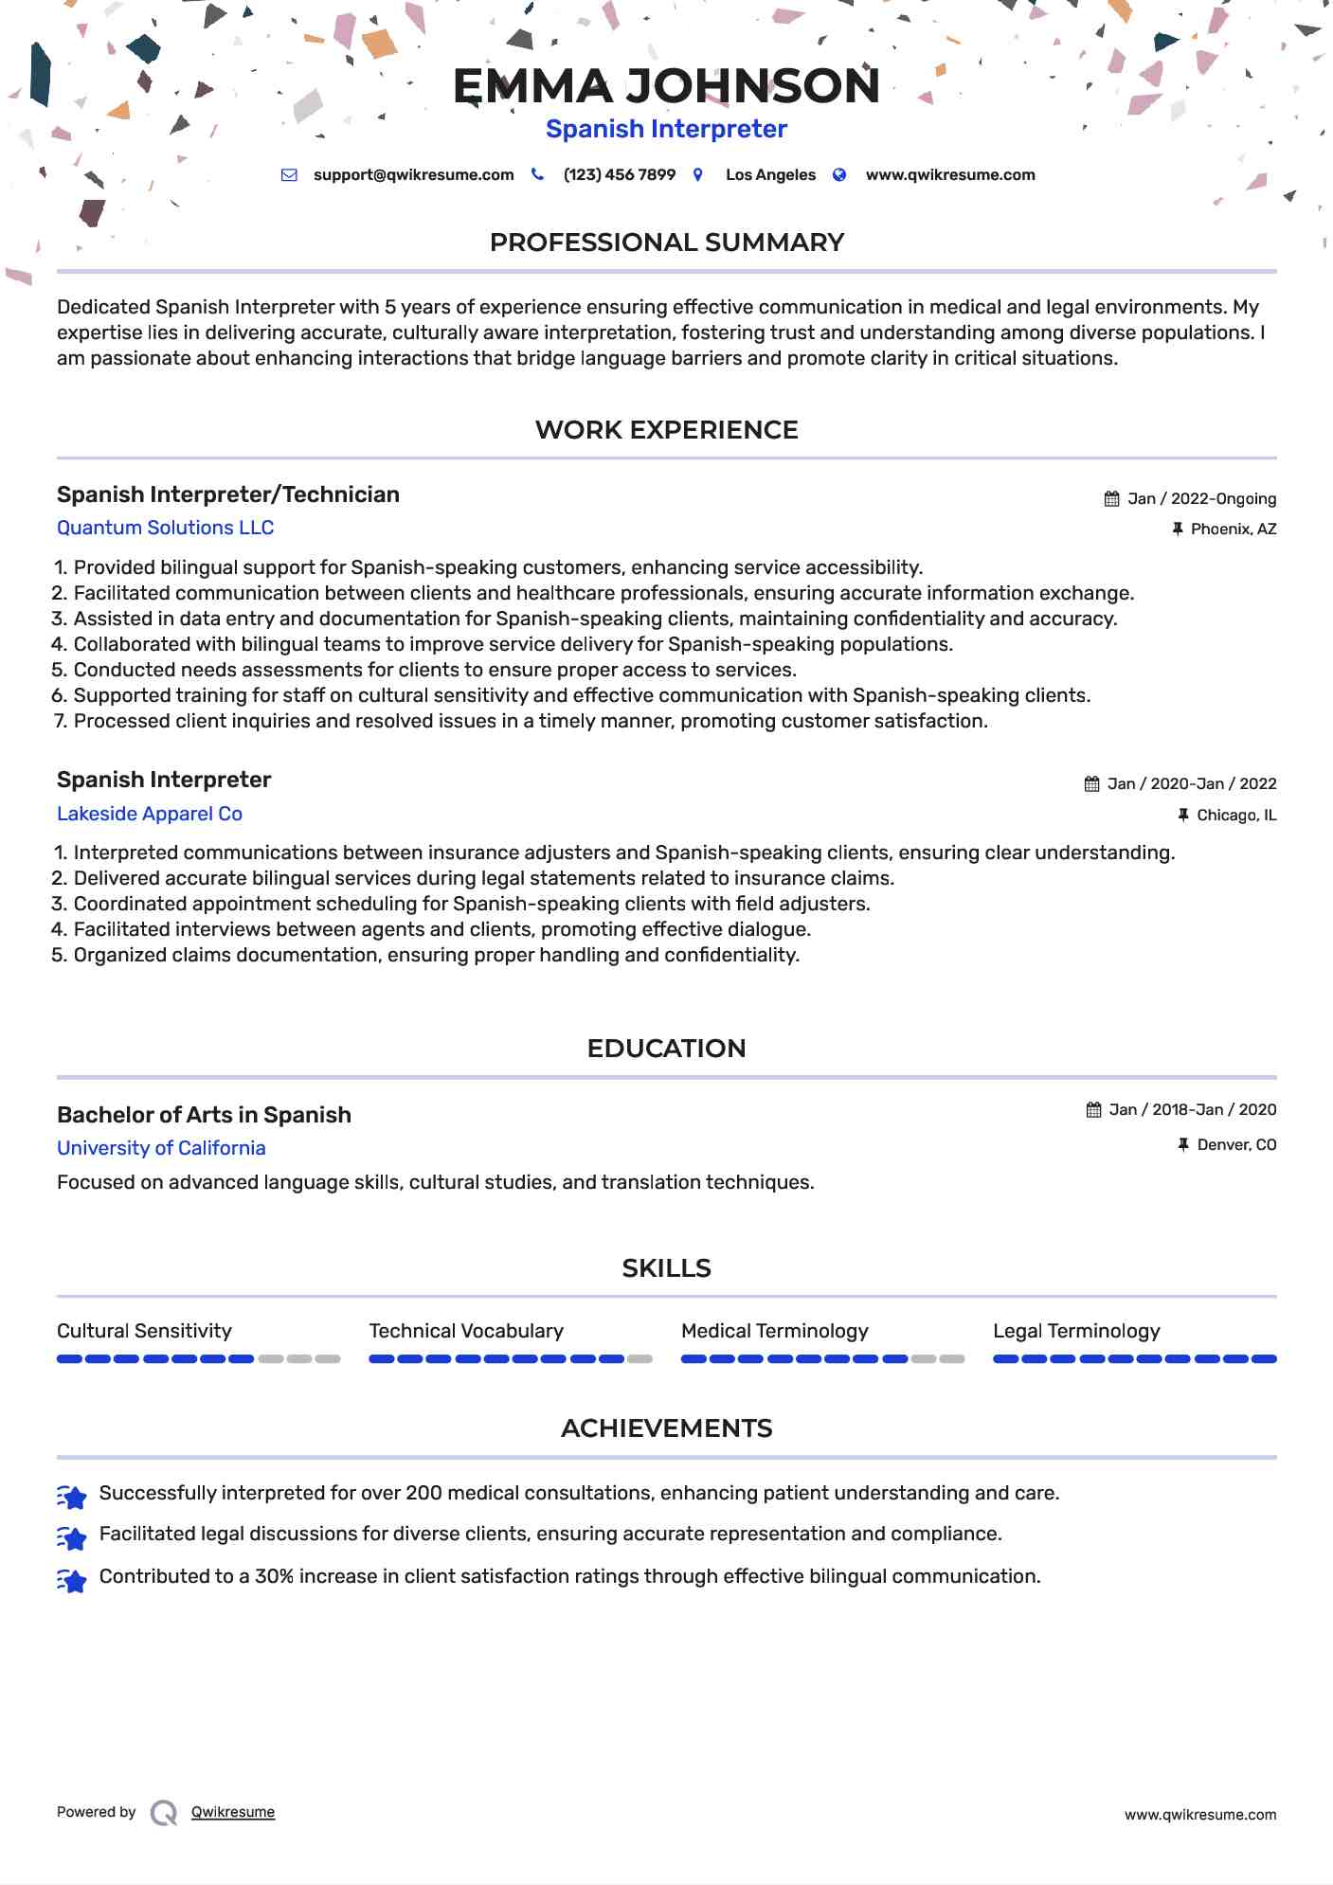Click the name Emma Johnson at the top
click(x=666, y=86)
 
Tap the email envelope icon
click(x=289, y=175)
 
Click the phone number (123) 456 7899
click(x=619, y=175)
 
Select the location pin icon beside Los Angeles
click(x=698, y=175)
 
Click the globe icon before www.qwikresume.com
click(x=839, y=175)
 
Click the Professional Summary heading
click(x=666, y=242)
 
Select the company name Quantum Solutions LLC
click(x=165, y=528)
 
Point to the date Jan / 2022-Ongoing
click(x=1201, y=499)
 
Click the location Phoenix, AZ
click(x=1233, y=530)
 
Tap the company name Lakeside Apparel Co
click(x=150, y=814)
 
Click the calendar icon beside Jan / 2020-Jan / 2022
click(x=1091, y=784)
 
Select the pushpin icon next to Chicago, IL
click(x=1182, y=815)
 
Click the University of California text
click(x=161, y=1148)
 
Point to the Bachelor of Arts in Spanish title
click(x=204, y=1115)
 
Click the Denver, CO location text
click(x=1236, y=1145)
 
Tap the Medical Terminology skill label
click(x=774, y=1331)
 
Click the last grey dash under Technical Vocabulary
click(x=640, y=1359)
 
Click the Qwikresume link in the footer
click(x=232, y=1812)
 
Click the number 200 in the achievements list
click(x=423, y=1494)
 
